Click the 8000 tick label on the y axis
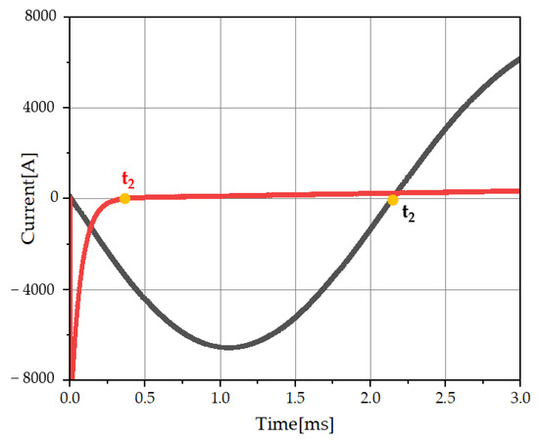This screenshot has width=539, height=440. tap(39, 18)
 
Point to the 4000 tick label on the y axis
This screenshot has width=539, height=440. tap(39, 108)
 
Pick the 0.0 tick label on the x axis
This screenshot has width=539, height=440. tap(70, 399)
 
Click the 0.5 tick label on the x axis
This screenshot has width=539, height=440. tap(145, 399)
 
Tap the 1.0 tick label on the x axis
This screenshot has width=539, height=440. tap(220, 399)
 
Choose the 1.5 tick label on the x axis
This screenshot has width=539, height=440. tap(295, 399)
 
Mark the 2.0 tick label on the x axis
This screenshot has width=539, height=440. tap(369, 399)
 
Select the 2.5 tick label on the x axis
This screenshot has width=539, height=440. tap(445, 399)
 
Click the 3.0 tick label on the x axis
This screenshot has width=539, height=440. tap(519, 399)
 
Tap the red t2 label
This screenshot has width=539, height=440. tap(127, 179)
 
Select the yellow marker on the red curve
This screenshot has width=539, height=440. tap(124, 198)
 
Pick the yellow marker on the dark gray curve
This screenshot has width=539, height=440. tap(393, 200)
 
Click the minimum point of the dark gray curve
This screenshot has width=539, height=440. tap(227, 347)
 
